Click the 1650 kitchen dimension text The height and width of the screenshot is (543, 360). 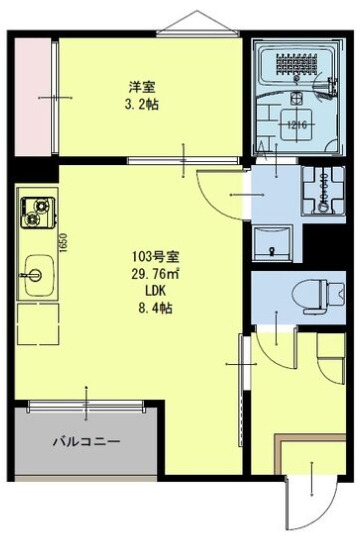(x=62, y=243)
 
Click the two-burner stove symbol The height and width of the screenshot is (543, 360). (x=38, y=211)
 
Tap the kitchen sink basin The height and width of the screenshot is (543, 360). (x=38, y=271)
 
